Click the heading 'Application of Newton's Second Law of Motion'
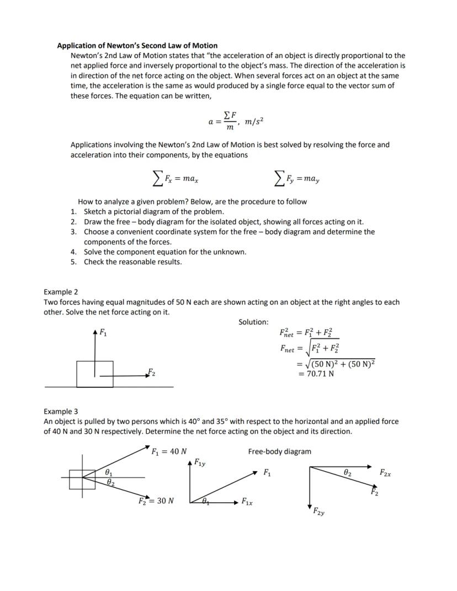[x=137, y=46]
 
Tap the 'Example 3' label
[x=61, y=412]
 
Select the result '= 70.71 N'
[x=316, y=374]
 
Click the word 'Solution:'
[x=253, y=322]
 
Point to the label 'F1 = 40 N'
[x=169, y=451]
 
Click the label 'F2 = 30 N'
[x=157, y=501]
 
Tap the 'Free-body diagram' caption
[x=279, y=451]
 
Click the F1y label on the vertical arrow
[x=200, y=462]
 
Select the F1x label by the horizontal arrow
[x=246, y=503]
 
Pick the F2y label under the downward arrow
[x=318, y=513]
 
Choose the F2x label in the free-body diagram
[x=386, y=473]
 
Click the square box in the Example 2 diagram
[x=95, y=374]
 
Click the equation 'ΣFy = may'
[x=297, y=179]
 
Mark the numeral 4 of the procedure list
[x=73, y=252]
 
